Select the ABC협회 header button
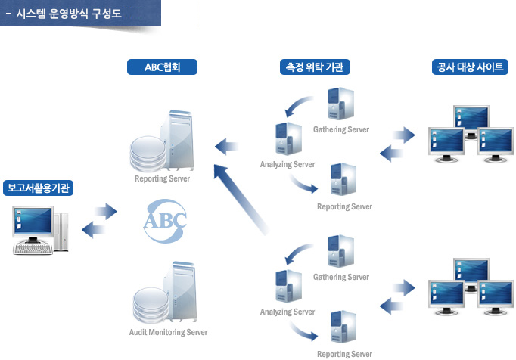(x=162, y=67)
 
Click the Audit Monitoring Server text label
(x=168, y=332)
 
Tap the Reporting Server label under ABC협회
(x=162, y=179)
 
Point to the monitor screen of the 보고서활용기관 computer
(x=33, y=222)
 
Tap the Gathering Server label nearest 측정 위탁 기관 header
(x=340, y=129)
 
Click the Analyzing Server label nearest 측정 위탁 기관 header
(x=287, y=164)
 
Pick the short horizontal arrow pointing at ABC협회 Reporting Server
(x=227, y=144)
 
